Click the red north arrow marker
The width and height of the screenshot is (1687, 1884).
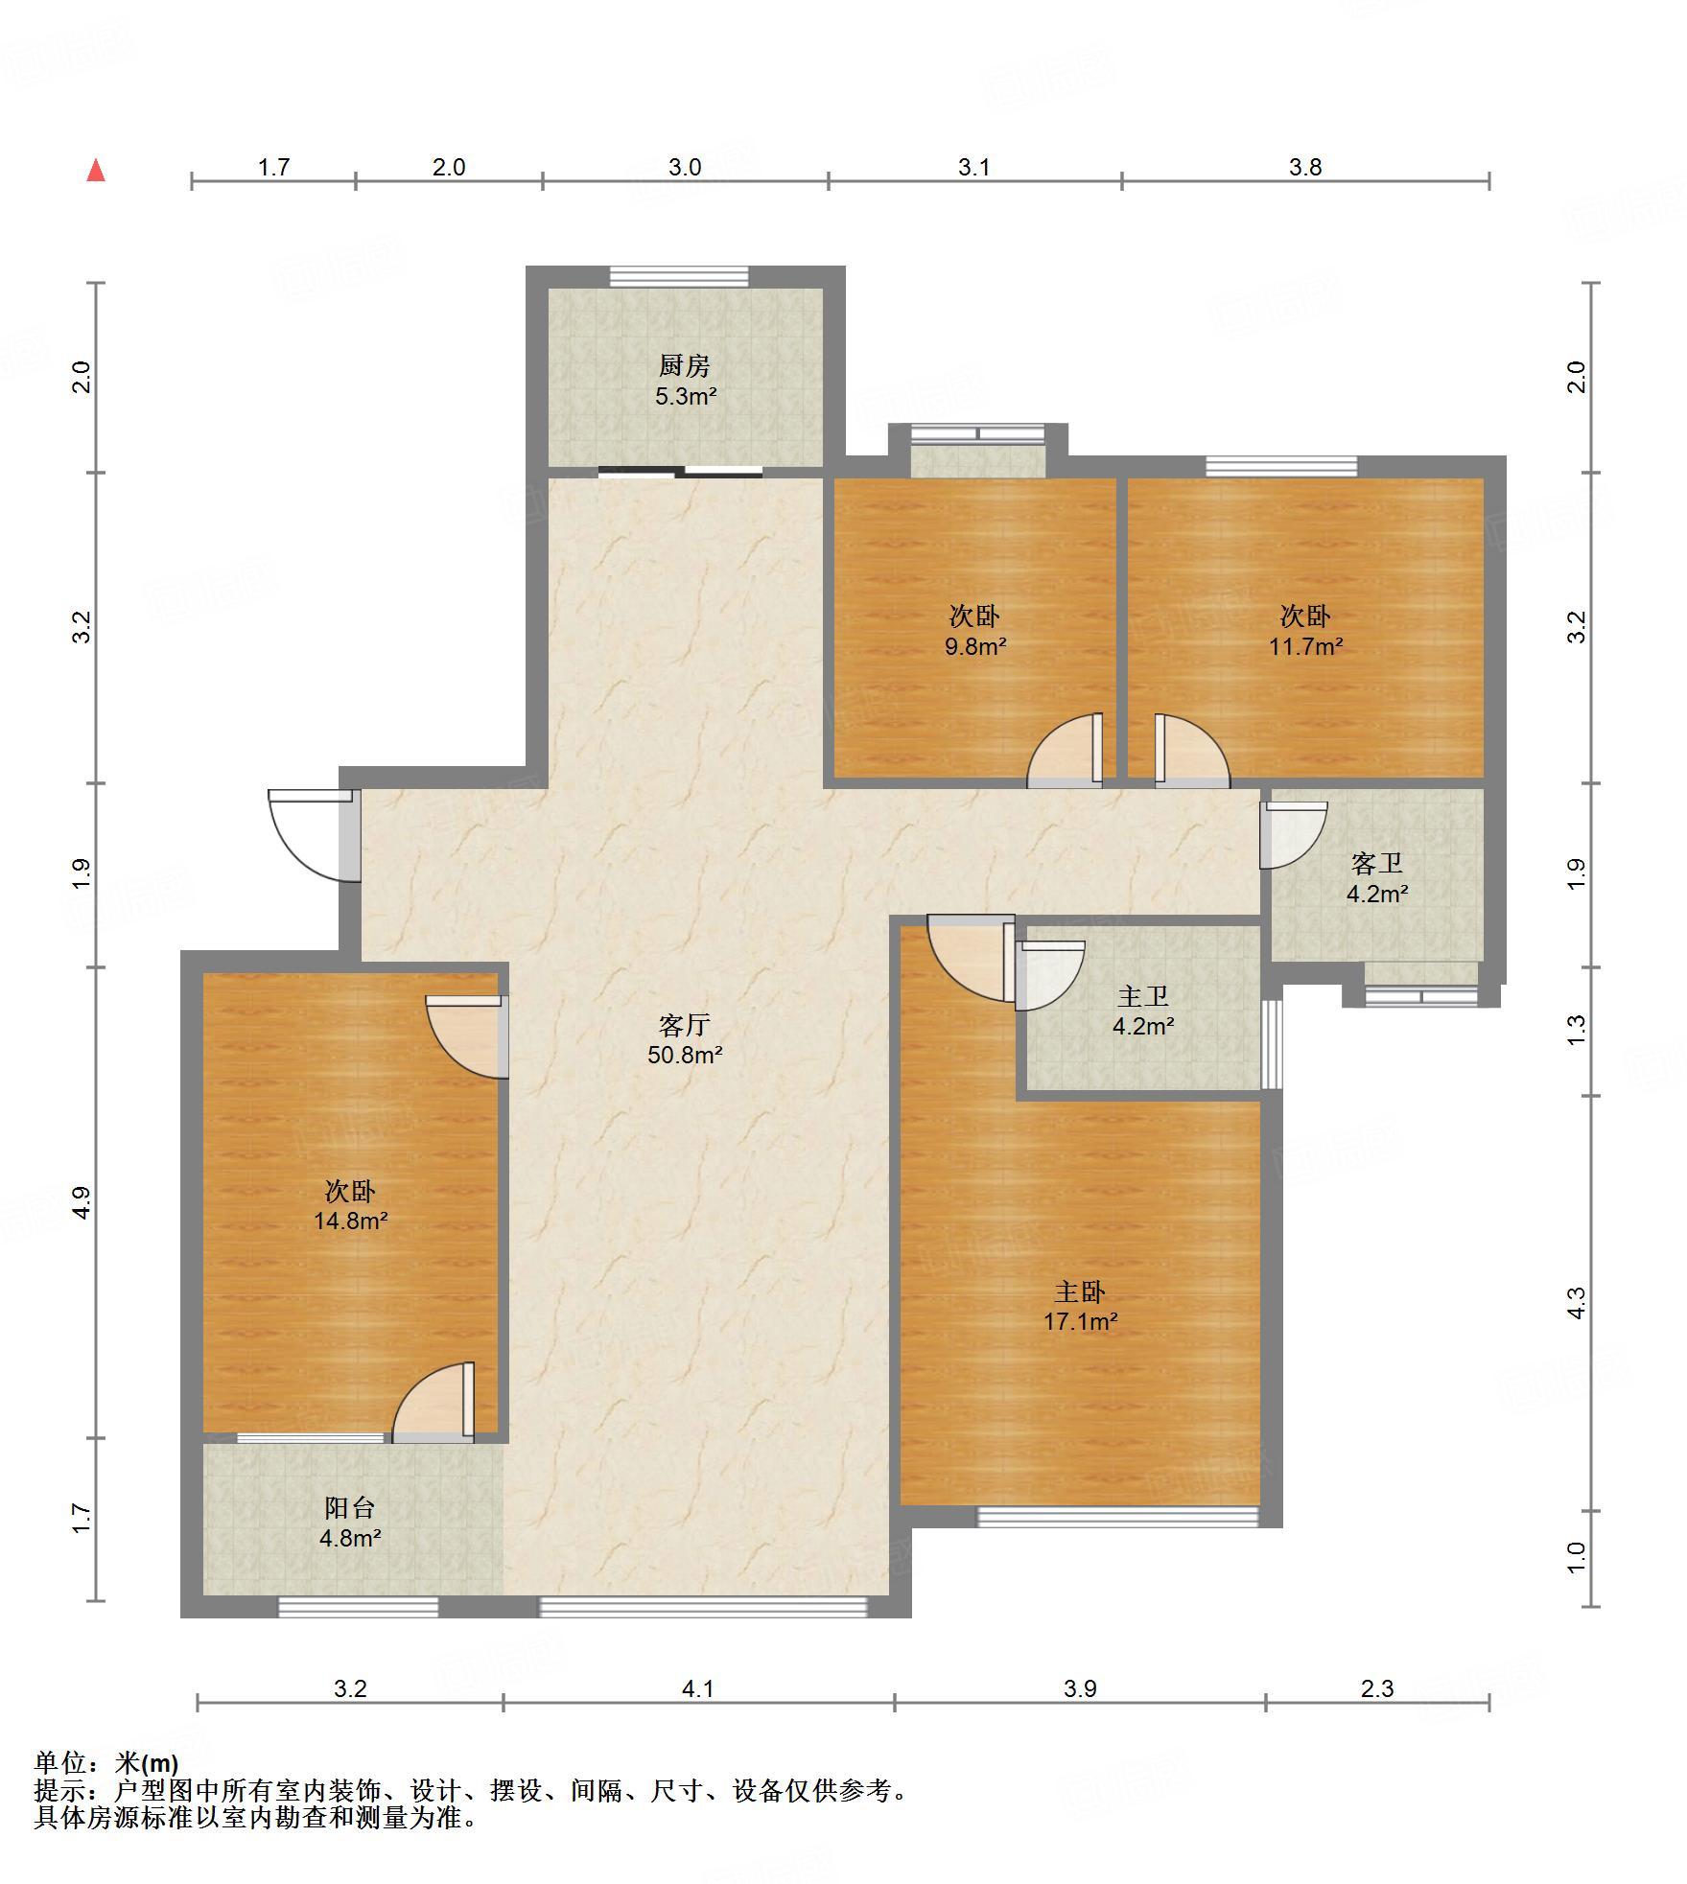(x=96, y=171)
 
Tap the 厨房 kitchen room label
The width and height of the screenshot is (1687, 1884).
(x=684, y=365)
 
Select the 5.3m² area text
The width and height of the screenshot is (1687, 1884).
(x=686, y=396)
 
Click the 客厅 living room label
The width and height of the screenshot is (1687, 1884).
(x=684, y=1025)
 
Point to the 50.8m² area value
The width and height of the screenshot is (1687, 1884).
(x=685, y=1056)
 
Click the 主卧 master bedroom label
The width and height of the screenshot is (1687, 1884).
(x=1080, y=1291)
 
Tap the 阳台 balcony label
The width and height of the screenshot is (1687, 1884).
(x=349, y=1508)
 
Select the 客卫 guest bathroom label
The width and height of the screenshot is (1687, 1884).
(x=1377, y=864)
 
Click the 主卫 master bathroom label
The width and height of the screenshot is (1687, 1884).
(x=1143, y=996)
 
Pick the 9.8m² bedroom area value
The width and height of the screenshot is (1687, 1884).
(x=975, y=646)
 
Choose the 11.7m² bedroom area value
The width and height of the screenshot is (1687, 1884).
(x=1305, y=646)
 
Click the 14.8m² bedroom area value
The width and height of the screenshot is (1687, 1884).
(x=351, y=1221)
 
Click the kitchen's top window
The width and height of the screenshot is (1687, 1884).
(x=679, y=276)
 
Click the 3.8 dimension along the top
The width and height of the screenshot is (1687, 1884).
(x=1305, y=168)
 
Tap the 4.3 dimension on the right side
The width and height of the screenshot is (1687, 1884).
(x=1577, y=1303)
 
